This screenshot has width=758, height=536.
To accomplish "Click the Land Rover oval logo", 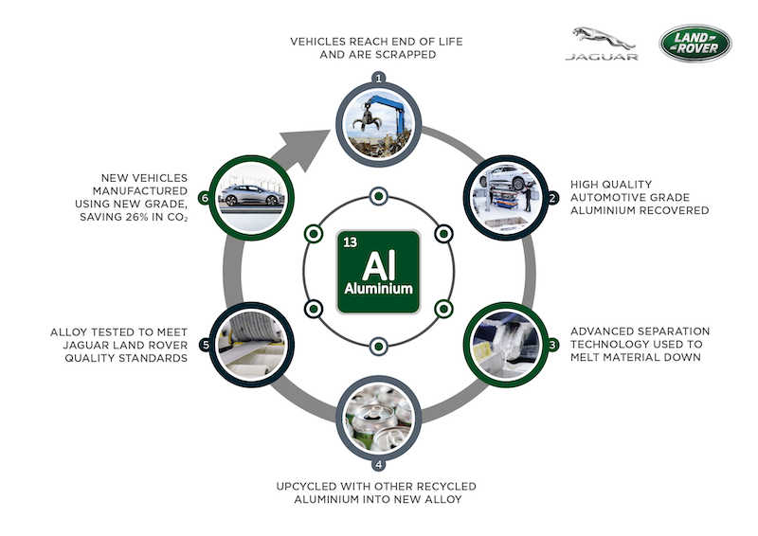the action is (x=695, y=43).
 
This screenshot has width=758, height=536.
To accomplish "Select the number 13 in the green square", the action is (x=350, y=241).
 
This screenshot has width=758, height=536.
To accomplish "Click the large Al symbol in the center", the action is (x=378, y=265).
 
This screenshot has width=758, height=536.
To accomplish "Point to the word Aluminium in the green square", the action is (x=378, y=289).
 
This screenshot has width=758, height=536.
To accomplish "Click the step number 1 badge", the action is (x=379, y=78).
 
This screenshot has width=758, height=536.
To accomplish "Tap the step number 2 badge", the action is (x=552, y=197).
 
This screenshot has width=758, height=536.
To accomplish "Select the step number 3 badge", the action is (x=552, y=345).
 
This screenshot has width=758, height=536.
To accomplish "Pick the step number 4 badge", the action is (x=378, y=464).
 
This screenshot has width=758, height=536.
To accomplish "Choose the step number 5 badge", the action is (x=206, y=345).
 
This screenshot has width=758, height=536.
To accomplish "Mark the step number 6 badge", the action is (x=205, y=198).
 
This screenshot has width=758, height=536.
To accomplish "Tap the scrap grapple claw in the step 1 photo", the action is (x=367, y=120).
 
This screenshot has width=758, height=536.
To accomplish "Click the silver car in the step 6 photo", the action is (x=252, y=195).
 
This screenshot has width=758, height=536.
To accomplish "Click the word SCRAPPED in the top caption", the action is (x=407, y=55).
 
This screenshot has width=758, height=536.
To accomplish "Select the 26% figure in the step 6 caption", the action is (x=136, y=217).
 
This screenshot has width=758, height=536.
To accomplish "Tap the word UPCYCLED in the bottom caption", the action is (x=306, y=486).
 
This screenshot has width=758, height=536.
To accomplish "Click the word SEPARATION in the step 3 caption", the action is (x=676, y=331).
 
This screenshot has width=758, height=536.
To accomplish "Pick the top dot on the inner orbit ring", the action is (x=379, y=196).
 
